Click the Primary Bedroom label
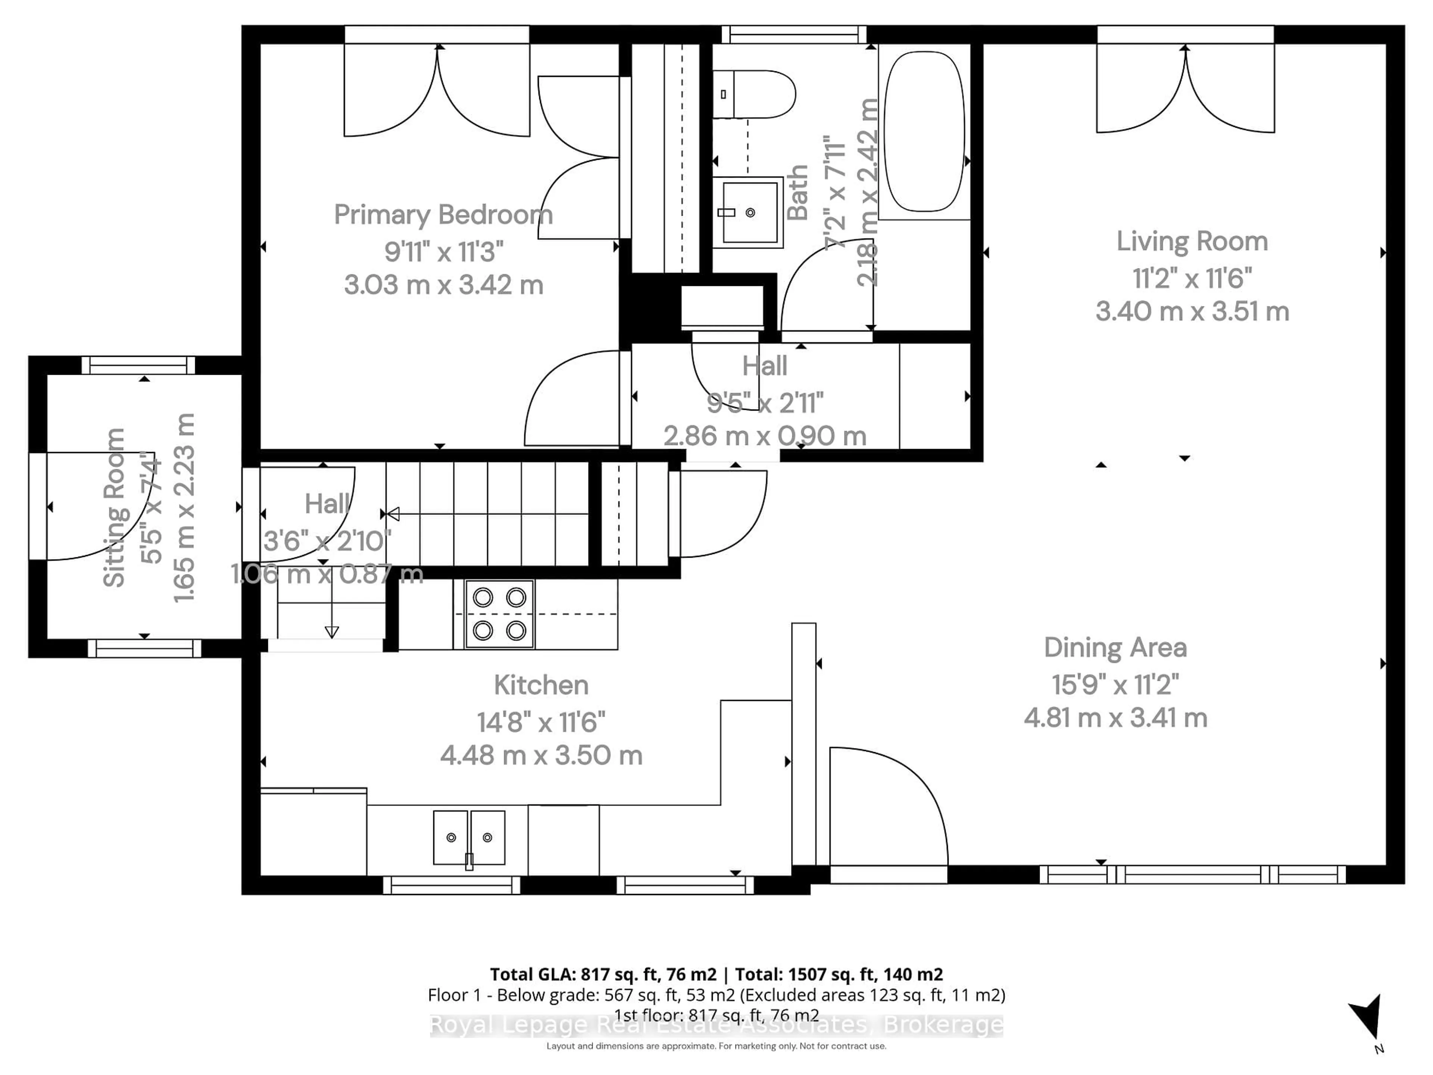click(x=443, y=215)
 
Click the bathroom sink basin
click(x=750, y=212)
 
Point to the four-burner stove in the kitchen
click(x=499, y=614)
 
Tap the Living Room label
click(x=1191, y=242)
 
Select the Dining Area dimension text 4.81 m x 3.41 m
click(x=1115, y=718)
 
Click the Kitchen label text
click(x=541, y=685)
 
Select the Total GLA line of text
click(x=716, y=974)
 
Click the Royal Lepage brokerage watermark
click(x=716, y=1025)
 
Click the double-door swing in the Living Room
click(x=1185, y=91)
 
